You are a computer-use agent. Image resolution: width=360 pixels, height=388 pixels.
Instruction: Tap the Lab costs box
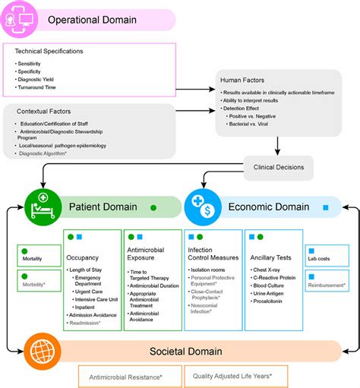coord(325,254)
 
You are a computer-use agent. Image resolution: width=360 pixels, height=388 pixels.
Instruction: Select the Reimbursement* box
coord(325,279)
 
